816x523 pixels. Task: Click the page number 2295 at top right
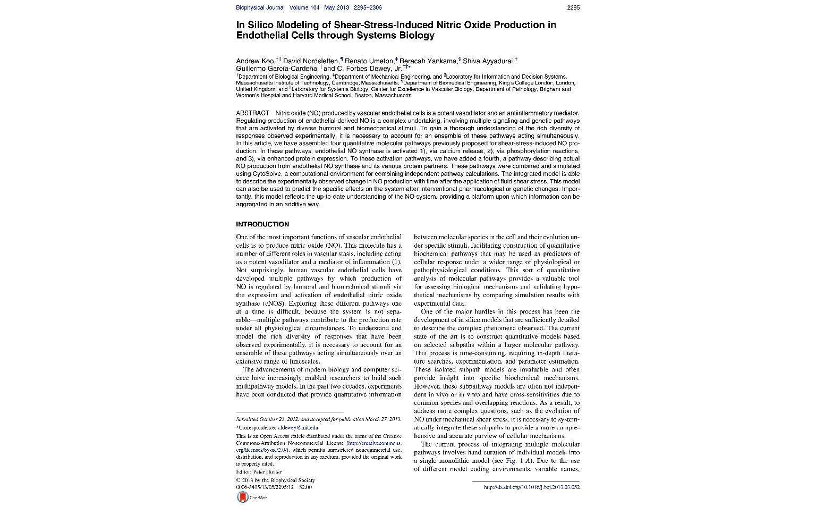573,7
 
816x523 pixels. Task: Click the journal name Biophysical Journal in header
260,7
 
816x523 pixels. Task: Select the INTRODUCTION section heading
262,224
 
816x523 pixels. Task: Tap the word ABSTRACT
252,113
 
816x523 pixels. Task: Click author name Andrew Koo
255,61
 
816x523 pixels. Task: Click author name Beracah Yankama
428,61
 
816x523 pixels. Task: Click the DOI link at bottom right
531,487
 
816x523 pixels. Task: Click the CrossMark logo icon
243,497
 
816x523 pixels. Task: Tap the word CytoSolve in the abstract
252,174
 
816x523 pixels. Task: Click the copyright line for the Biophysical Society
275,480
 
